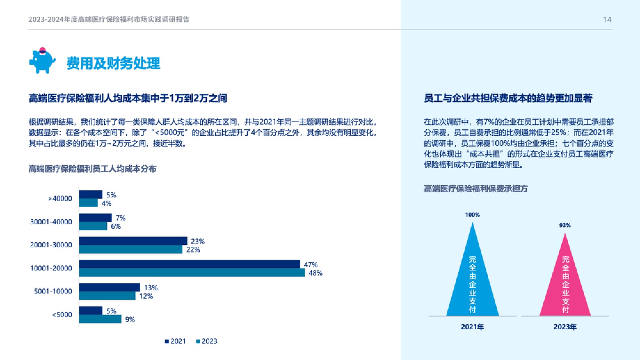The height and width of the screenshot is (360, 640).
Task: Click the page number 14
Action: [607, 20]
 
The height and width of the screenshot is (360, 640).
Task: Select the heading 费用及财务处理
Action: [113, 63]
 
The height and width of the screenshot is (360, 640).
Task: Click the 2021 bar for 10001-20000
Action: [189, 264]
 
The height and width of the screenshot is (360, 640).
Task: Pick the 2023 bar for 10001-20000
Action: [192, 273]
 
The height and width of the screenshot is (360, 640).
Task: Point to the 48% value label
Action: [315, 273]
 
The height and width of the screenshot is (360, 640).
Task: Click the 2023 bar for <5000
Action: [100, 319]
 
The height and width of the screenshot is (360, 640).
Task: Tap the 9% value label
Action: [130, 319]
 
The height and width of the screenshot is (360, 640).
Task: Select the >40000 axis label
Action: [60, 198]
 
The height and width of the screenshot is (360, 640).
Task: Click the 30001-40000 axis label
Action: [51, 222]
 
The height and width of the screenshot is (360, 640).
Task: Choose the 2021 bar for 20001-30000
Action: [133, 241]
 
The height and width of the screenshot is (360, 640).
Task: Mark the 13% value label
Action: [151, 288]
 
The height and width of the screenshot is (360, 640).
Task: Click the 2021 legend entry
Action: [175, 341]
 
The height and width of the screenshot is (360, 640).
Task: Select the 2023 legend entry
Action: [207, 341]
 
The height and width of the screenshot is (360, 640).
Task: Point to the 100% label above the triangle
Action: [472, 215]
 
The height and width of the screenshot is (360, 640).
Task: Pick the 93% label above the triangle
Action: [565, 225]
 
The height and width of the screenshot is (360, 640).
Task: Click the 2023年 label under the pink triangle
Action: [565, 327]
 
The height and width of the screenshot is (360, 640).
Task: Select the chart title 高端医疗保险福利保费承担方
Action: [476, 189]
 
